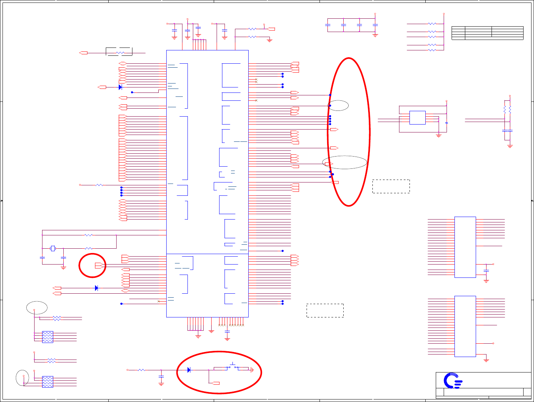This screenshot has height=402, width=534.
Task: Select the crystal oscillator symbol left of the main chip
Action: [53, 248]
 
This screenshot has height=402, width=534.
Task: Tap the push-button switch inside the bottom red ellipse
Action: [232, 366]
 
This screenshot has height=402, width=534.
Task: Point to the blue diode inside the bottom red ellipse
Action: [189, 370]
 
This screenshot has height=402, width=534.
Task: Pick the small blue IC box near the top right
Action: [417, 118]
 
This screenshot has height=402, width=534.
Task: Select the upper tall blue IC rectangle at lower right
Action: [465, 247]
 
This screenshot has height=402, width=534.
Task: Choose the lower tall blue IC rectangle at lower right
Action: [465, 326]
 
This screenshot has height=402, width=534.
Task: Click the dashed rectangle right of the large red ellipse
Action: [391, 186]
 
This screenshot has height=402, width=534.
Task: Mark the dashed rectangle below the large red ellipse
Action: [325, 310]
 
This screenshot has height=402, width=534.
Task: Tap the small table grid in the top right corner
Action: [487, 33]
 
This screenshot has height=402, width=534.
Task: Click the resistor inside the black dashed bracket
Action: [120, 53]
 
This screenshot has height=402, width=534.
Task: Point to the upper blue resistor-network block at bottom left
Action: [47, 337]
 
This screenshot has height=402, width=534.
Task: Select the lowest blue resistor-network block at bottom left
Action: [47, 382]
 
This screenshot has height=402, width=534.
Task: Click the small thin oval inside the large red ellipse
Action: [338, 105]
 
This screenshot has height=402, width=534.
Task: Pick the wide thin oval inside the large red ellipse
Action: [345, 162]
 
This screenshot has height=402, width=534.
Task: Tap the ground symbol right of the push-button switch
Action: [253, 370]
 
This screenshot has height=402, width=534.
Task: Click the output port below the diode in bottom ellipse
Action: [216, 383]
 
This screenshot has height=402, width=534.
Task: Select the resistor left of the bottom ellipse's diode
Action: [141, 370]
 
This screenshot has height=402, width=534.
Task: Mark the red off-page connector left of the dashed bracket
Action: [83, 53]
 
